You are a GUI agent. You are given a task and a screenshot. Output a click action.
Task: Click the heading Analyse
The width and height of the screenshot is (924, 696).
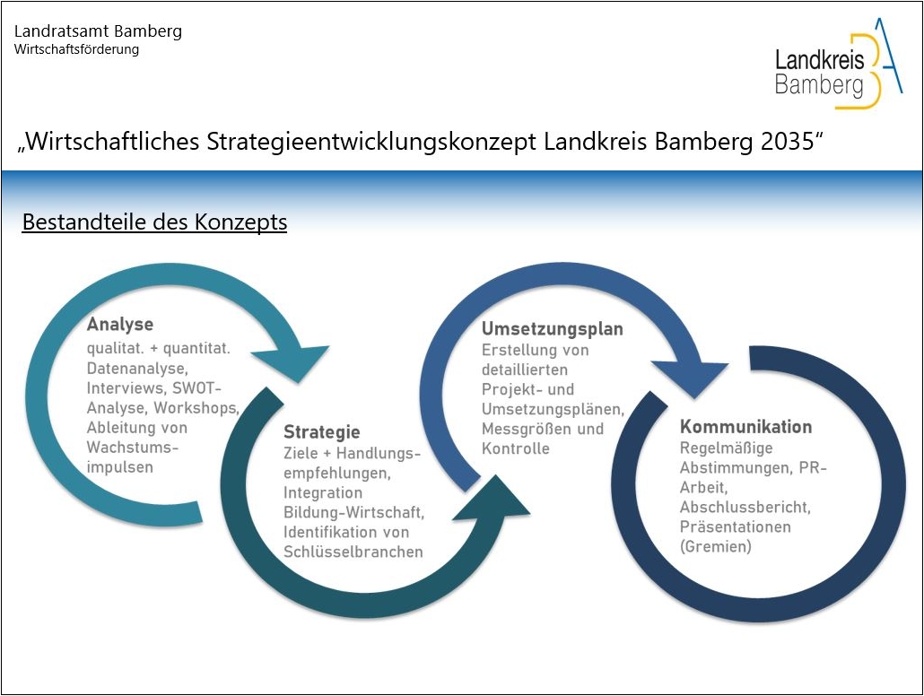click(119, 325)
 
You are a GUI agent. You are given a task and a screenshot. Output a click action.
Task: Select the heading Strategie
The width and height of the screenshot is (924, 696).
click(322, 432)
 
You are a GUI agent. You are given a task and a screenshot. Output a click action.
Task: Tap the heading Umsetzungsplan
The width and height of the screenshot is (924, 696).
click(552, 329)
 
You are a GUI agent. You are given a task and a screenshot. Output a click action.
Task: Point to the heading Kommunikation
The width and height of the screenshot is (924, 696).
click(745, 427)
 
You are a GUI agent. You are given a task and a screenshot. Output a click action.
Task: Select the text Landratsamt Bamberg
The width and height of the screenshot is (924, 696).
click(98, 31)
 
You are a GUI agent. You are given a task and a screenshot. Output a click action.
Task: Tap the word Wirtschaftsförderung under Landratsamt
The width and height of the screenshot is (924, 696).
click(76, 49)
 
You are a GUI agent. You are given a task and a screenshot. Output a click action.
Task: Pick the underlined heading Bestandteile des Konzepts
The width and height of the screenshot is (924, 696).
click(154, 222)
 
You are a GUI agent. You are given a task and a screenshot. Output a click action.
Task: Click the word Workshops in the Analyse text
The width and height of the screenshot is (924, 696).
click(203, 407)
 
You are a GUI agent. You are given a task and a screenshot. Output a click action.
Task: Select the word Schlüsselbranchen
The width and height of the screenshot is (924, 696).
click(353, 552)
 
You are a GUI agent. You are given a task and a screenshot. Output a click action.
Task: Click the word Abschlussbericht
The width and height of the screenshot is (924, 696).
click(745, 507)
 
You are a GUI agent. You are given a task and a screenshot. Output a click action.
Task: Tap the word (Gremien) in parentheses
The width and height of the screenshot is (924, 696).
click(715, 546)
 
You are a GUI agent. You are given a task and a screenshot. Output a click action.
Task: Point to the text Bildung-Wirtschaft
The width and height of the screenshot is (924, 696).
click(353, 512)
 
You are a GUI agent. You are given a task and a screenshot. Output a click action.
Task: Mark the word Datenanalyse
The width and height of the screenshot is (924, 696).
click(136, 368)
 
